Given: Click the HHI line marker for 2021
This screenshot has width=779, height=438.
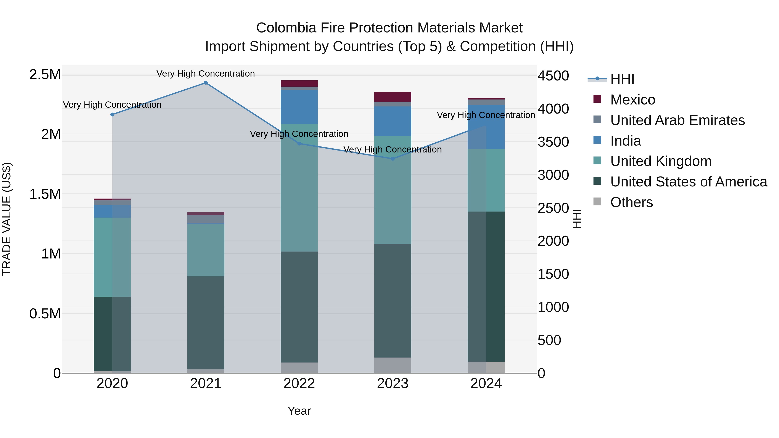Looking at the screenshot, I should pyautogui.click(x=206, y=83).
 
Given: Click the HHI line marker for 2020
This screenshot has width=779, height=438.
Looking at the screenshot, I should pyautogui.click(x=112, y=115).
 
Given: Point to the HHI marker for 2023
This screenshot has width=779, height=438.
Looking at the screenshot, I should pyautogui.click(x=393, y=159).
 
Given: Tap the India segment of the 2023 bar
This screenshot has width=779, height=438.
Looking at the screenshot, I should pyautogui.click(x=393, y=121).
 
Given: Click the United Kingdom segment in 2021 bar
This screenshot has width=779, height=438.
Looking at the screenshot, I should pyautogui.click(x=206, y=250).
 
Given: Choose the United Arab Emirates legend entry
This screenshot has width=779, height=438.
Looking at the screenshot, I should pyautogui.click(x=677, y=120).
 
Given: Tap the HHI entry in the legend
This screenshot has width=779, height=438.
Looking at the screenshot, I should pyautogui.click(x=622, y=79).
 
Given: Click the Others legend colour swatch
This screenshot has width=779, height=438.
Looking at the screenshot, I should pyautogui.click(x=597, y=202).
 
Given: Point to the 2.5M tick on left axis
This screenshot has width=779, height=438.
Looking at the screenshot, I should pyautogui.click(x=45, y=75).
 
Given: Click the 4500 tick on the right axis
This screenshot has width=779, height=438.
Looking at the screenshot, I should pyautogui.click(x=553, y=76).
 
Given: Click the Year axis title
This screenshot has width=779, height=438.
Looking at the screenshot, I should pyautogui.click(x=299, y=411).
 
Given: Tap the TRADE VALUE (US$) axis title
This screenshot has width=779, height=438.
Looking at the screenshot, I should pyautogui.click(x=7, y=219).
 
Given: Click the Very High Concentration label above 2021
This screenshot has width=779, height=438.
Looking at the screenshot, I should pyautogui.click(x=206, y=74).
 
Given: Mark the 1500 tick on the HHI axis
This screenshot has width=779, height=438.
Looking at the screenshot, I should pyautogui.click(x=553, y=274).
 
